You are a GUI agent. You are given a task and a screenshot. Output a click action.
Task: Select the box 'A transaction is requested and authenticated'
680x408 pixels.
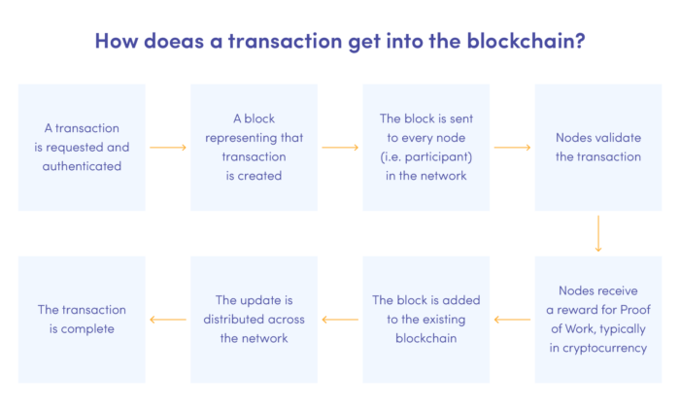coord(82,147)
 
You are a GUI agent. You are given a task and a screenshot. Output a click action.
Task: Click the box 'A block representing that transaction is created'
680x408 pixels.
coord(254,147)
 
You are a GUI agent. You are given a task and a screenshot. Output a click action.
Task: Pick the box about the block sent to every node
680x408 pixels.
coord(425,147)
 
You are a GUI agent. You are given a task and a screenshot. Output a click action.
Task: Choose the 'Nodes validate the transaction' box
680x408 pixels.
coord(597,147)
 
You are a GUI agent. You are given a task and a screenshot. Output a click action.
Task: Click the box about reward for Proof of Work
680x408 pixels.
coord(597,319)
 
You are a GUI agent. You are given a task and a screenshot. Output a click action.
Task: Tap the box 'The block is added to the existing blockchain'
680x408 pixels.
coord(425,319)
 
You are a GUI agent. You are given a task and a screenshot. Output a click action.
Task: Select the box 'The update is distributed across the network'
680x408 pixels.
coord(254,319)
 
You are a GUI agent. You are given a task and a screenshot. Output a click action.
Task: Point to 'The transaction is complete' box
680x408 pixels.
coord(82,319)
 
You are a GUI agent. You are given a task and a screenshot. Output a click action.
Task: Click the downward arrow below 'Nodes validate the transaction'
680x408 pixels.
coord(597,233)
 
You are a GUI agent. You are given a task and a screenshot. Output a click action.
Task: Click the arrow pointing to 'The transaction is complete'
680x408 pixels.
coord(167,319)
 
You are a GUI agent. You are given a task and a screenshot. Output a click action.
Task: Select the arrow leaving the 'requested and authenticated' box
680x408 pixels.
coord(167,148)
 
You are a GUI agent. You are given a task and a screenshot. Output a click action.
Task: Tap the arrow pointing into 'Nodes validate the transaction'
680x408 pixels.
coord(512,148)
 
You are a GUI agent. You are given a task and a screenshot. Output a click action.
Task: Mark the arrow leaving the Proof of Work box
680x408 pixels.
coord(512,319)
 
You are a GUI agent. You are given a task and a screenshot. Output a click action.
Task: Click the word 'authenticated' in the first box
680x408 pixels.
coord(82,166)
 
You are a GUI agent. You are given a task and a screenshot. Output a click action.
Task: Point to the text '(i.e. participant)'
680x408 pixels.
coord(425,156)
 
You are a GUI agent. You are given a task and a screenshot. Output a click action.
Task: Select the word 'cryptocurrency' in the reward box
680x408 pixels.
coord(604,348)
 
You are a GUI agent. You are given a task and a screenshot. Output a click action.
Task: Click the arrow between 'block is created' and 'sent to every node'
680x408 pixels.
coord(340,148)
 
